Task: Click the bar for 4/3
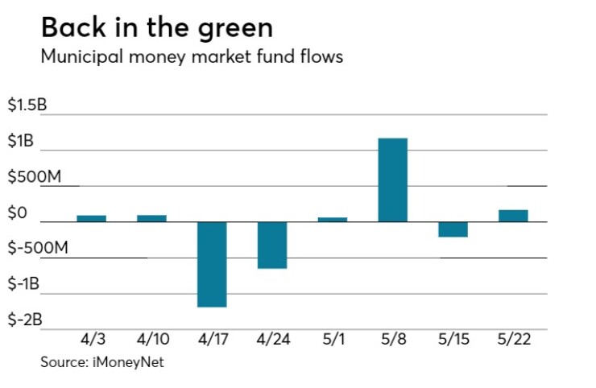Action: (x=92, y=218)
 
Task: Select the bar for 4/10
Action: (x=151, y=218)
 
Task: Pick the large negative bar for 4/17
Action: (x=212, y=264)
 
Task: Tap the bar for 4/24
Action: (x=272, y=245)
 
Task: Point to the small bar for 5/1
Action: (x=333, y=219)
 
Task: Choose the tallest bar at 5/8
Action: (x=392, y=180)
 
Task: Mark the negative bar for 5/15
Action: (x=453, y=229)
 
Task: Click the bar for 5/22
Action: (x=513, y=216)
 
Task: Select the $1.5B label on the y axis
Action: (x=27, y=106)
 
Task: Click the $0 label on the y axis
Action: (x=18, y=213)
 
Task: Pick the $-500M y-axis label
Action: (x=36, y=249)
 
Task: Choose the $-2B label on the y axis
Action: (x=24, y=320)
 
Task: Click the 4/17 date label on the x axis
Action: (x=212, y=340)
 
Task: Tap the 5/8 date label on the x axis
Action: (x=392, y=340)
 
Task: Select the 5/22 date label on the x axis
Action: (x=513, y=340)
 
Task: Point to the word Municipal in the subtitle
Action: (x=75, y=57)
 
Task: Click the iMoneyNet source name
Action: (x=130, y=362)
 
